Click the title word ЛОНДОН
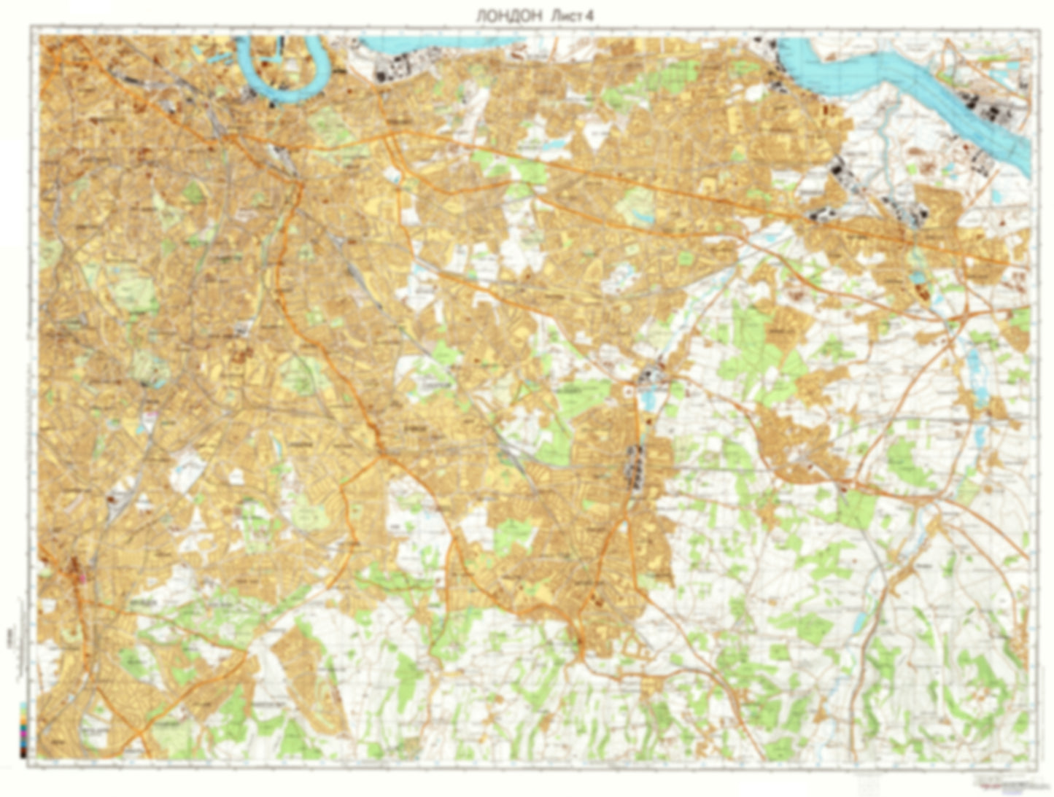(x=508, y=16)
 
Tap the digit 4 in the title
(x=588, y=16)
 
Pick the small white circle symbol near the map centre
(x=627, y=392)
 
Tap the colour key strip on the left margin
(x=26, y=729)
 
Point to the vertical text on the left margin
(x=16, y=642)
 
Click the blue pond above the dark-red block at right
(x=915, y=277)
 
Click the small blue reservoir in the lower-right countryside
(x=860, y=621)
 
